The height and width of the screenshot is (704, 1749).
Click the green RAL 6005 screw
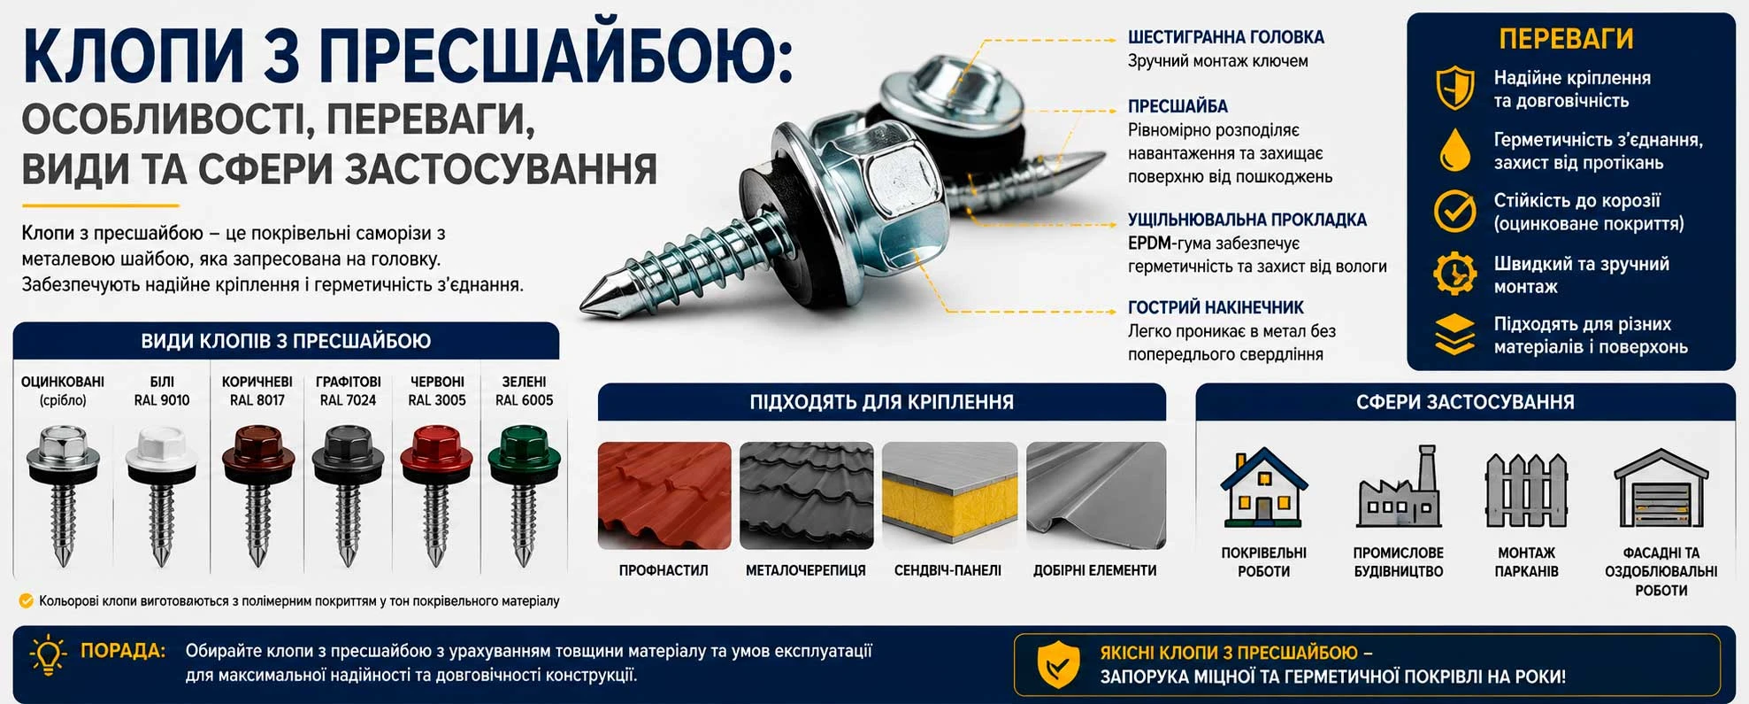pyautogui.click(x=524, y=494)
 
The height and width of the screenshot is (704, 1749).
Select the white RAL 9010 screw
pyautogui.click(x=161, y=494)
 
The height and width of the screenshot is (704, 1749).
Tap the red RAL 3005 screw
pyautogui.click(x=436, y=494)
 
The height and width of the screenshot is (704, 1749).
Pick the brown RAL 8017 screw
pyautogui.click(x=257, y=494)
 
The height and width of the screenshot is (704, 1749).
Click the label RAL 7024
pyautogui.click(x=348, y=400)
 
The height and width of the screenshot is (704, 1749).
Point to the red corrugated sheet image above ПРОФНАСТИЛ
pyautogui.click(x=664, y=496)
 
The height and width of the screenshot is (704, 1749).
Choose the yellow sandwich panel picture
pyautogui.click(x=949, y=496)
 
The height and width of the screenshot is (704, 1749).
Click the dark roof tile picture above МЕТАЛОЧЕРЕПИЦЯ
pyautogui.click(x=806, y=496)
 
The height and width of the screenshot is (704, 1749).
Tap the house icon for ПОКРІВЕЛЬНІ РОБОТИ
pyautogui.click(x=1263, y=487)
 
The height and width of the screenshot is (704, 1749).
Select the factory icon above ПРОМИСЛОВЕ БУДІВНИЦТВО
pyautogui.click(x=1399, y=487)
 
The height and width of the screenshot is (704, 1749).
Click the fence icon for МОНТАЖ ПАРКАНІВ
pyautogui.click(x=1526, y=490)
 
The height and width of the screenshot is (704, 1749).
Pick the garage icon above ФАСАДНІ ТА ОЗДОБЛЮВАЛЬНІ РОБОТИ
pyautogui.click(x=1661, y=489)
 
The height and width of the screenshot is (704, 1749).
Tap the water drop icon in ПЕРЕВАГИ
pyautogui.click(x=1454, y=150)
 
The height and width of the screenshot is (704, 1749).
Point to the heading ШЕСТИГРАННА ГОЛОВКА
pyautogui.click(x=1225, y=37)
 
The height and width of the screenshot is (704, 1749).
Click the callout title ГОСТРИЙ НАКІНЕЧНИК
pyautogui.click(x=1216, y=307)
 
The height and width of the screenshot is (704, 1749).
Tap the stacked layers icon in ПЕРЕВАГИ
pyautogui.click(x=1454, y=335)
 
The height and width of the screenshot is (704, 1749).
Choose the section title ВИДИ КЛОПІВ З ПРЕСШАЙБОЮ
pyautogui.click(x=286, y=341)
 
